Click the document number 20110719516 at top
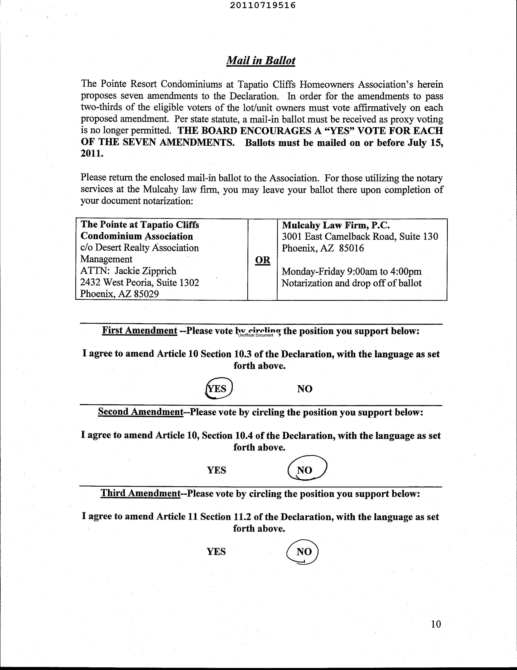262,5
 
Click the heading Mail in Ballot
261,60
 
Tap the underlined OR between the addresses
262,260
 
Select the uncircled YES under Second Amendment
216,470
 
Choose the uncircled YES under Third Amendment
216,551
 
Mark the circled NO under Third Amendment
304,551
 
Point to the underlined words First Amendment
140,330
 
